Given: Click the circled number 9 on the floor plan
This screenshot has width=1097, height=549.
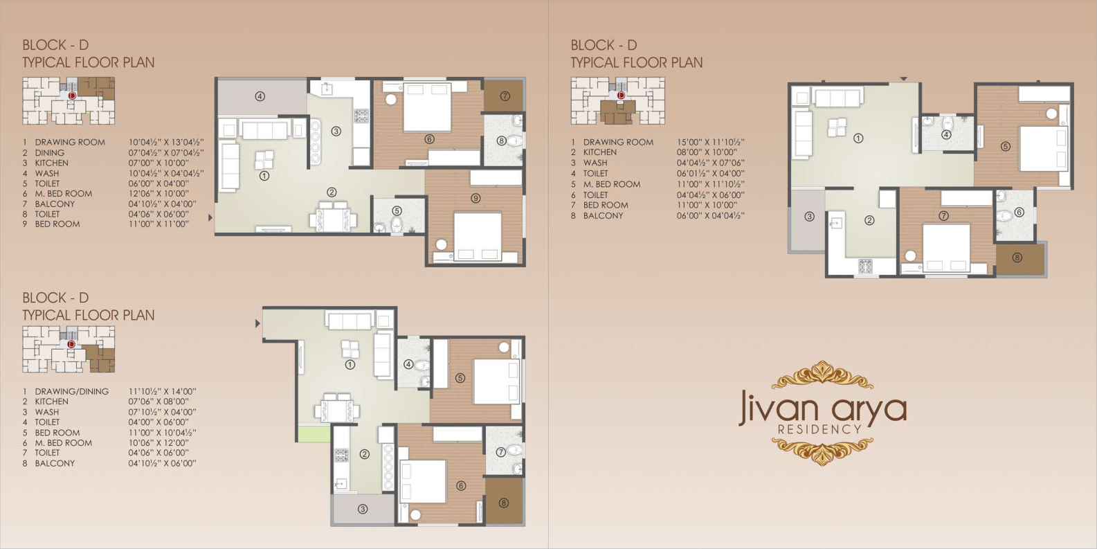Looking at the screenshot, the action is pyautogui.click(x=475, y=198).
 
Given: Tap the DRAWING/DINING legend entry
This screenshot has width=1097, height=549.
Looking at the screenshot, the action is pyautogui.click(x=71, y=391).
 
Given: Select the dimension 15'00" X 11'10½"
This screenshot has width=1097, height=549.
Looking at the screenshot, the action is pyautogui.click(x=711, y=142).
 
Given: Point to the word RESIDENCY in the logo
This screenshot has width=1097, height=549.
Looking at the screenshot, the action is pyautogui.click(x=819, y=429).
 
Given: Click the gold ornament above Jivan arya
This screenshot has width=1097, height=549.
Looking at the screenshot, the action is pyautogui.click(x=822, y=375).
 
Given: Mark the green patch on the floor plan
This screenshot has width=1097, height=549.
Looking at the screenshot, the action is pyautogui.click(x=314, y=434).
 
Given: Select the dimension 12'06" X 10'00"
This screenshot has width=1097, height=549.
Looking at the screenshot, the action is pyautogui.click(x=158, y=193).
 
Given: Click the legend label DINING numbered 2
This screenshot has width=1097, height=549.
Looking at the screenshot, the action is pyautogui.click(x=49, y=153).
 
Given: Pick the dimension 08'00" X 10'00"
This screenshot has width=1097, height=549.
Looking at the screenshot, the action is pyautogui.click(x=707, y=152).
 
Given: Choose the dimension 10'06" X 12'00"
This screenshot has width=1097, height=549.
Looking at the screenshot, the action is pyautogui.click(x=158, y=442).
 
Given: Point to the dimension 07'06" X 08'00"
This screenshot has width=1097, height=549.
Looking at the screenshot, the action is pyautogui.click(x=158, y=402).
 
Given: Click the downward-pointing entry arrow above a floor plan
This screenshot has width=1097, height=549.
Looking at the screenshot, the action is pyautogui.click(x=904, y=79).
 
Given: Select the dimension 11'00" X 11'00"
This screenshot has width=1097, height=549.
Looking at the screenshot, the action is pyautogui.click(x=158, y=224).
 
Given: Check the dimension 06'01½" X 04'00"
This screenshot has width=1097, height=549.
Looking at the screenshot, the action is pyautogui.click(x=711, y=173).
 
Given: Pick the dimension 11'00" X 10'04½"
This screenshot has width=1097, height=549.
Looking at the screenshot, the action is pyautogui.click(x=162, y=433).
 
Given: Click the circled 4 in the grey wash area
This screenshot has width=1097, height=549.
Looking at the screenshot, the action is pyautogui.click(x=260, y=96).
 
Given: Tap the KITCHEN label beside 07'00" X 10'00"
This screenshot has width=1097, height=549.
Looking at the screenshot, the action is pyautogui.click(x=51, y=163).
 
